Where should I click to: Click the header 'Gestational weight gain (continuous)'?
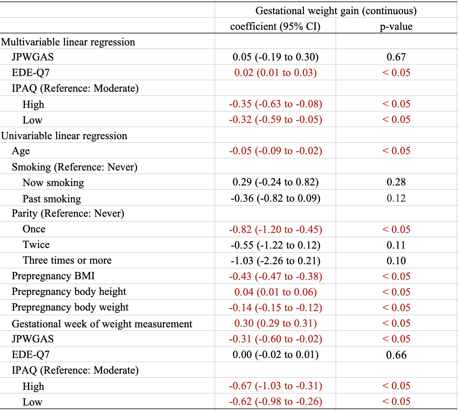click(336, 11)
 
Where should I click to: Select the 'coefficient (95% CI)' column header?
click(275, 27)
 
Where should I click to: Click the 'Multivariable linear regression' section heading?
click(68, 42)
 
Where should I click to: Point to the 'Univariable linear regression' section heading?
click(64, 136)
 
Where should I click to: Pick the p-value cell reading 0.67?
click(396, 57)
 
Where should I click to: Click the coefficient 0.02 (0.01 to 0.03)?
click(275, 73)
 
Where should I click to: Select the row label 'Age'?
click(21, 151)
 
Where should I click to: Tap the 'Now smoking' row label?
click(53, 183)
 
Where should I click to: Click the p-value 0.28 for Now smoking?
click(396, 182)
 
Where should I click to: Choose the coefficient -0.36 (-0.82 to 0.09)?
click(275, 198)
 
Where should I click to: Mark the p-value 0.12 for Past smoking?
click(396, 198)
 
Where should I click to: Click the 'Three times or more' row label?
click(67, 260)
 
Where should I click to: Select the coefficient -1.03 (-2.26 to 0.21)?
click(275, 261)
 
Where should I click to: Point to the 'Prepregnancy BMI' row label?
click(53, 276)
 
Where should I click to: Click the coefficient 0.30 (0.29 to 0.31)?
click(275, 323)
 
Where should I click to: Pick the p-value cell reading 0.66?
click(396, 355)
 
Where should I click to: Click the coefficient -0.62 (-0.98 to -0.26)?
click(275, 401)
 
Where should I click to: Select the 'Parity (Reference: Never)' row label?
click(68, 214)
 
